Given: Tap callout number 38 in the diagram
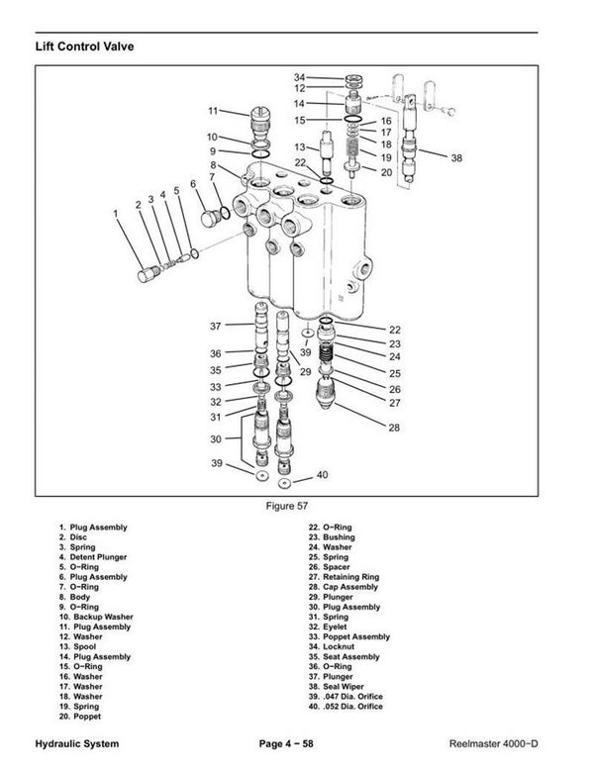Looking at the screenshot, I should tap(455, 157).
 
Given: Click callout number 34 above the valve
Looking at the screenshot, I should tap(300, 76).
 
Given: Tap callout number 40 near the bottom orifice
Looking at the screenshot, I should tap(321, 476).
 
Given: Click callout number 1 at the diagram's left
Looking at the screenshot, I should tap(117, 212).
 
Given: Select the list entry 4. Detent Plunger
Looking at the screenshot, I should tap(95, 557).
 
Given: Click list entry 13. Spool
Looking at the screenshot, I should tap(82, 647).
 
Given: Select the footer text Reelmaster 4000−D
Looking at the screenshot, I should tap(507, 742).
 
